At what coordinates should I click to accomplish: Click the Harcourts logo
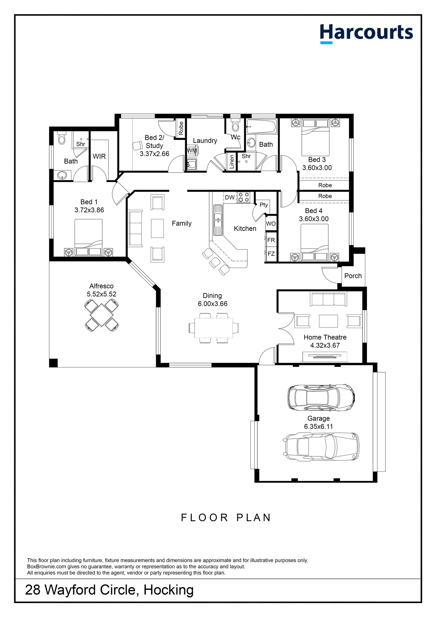[366, 33]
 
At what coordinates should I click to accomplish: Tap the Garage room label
[318, 418]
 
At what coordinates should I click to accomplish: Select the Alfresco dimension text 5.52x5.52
[102, 294]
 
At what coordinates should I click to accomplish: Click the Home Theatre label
[325, 337]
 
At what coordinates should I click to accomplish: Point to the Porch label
[353, 276]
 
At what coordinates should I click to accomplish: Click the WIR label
[99, 156]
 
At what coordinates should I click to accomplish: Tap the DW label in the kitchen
[230, 197]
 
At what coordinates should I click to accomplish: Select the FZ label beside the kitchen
[271, 254]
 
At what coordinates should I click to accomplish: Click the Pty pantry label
[264, 205]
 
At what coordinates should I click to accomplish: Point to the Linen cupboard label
[232, 162]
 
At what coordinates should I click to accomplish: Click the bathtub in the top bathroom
[262, 127]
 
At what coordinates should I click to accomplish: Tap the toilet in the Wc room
[235, 125]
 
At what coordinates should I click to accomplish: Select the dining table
[214, 328]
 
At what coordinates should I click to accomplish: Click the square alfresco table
[102, 315]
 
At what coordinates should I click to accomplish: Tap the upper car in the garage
[321, 397]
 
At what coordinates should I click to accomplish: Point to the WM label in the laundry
[192, 151]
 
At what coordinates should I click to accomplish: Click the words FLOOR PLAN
[226, 518]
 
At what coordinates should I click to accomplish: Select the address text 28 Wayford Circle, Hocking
[109, 590]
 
